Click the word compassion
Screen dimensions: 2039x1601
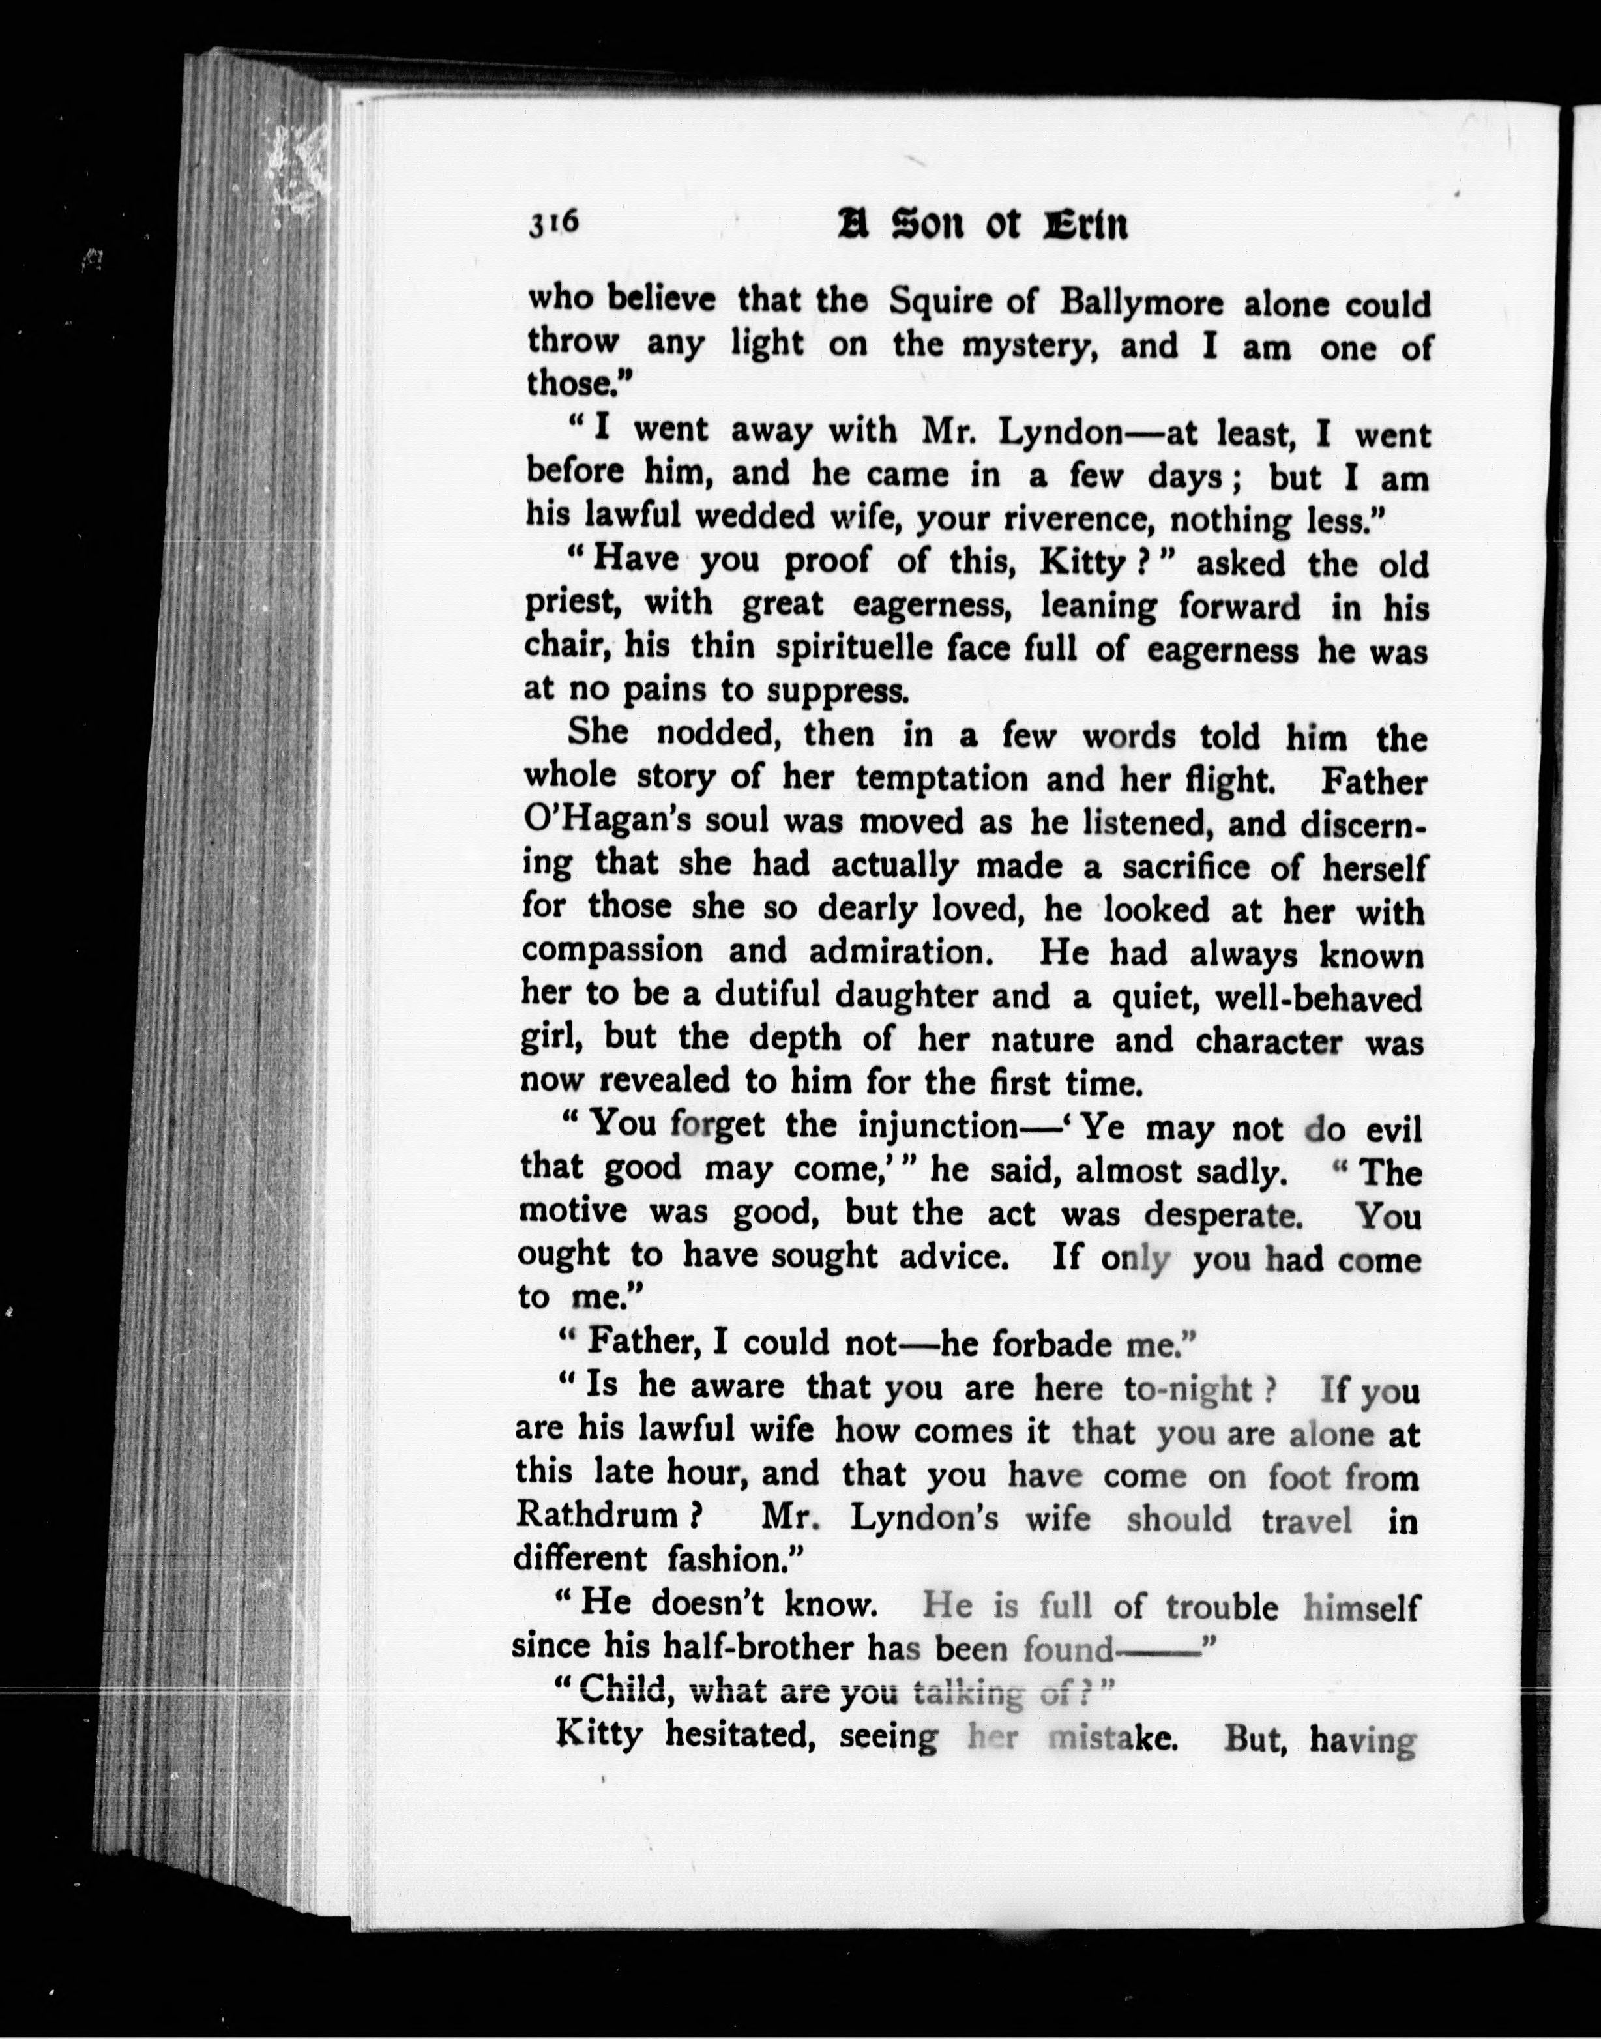coord(611,950)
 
